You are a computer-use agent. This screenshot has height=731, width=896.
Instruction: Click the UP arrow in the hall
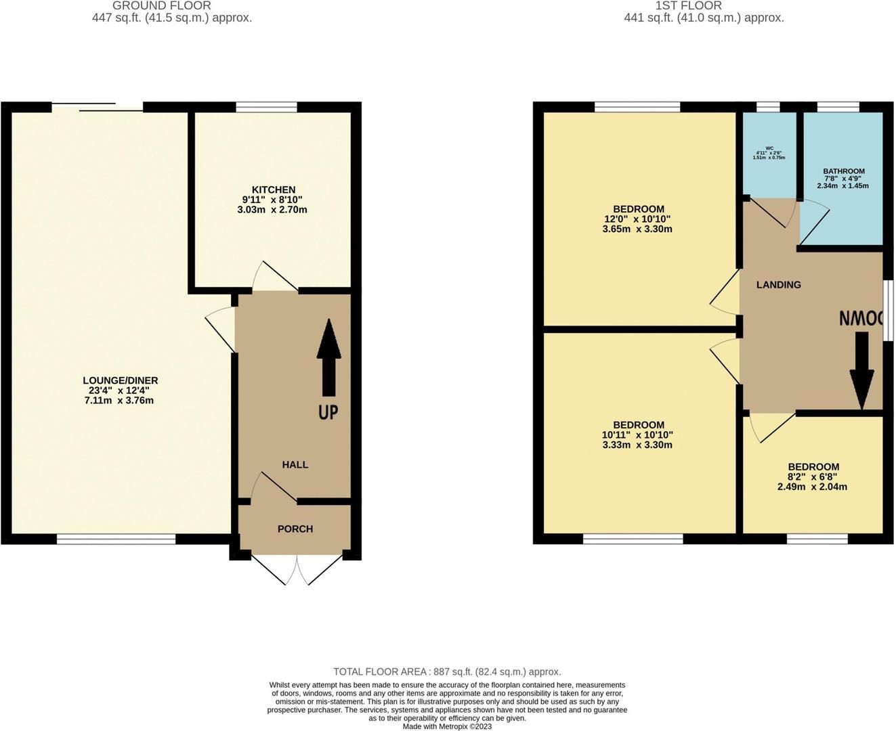click(328, 357)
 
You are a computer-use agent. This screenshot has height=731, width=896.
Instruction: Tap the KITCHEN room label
click(274, 190)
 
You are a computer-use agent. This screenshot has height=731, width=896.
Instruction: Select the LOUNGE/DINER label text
click(121, 381)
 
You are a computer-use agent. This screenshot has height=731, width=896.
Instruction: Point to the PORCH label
click(295, 529)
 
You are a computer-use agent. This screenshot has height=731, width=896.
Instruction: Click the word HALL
click(295, 465)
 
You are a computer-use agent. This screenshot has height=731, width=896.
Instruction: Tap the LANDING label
click(779, 285)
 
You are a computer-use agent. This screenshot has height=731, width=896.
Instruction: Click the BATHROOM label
click(844, 172)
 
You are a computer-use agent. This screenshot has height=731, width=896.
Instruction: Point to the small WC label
click(769, 148)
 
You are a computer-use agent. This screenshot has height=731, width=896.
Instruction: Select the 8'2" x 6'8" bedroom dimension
click(813, 477)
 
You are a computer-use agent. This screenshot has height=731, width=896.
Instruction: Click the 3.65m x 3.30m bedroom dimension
click(637, 229)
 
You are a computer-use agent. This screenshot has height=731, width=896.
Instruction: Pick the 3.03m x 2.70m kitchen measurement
click(272, 210)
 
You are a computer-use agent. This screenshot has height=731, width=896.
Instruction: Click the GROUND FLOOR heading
click(162, 5)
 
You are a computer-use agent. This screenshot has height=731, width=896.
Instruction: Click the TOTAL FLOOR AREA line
click(447, 672)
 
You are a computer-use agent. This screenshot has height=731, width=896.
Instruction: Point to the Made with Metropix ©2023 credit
click(447, 726)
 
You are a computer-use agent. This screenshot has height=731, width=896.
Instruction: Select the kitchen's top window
click(266, 107)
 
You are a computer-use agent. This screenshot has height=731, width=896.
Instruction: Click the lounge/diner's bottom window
click(116, 539)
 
